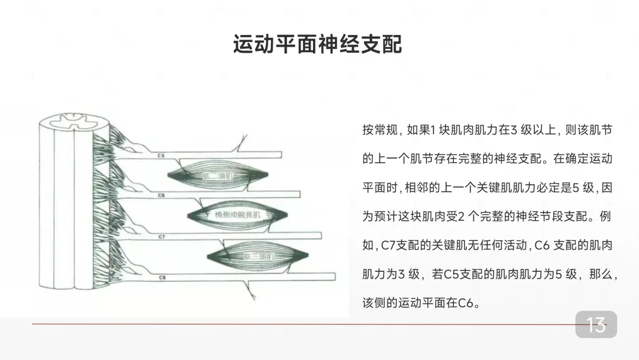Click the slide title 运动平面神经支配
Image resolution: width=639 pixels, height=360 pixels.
[x=318, y=44]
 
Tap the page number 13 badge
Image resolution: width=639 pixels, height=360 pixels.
[x=596, y=324]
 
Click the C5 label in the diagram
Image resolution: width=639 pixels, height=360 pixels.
[x=162, y=156]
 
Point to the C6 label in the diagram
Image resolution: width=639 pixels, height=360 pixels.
[x=162, y=195]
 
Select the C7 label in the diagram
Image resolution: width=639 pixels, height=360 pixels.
[x=162, y=236]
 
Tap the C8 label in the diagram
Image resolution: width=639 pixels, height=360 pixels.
[x=162, y=277]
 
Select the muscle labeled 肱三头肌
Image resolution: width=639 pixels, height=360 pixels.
[x=258, y=256]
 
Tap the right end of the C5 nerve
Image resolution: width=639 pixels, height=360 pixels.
[x=280, y=156]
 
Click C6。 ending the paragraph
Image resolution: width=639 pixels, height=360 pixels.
[x=467, y=303]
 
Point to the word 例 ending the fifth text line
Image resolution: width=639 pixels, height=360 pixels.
[x=605, y=216]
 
